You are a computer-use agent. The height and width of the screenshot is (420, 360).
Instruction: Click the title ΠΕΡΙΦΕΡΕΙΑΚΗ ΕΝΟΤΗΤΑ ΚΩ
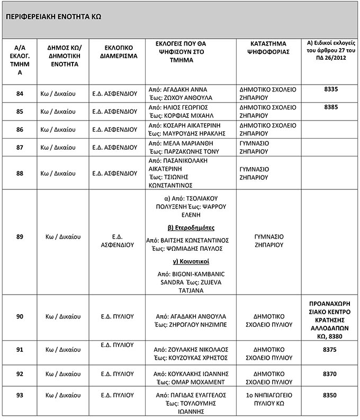53,16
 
